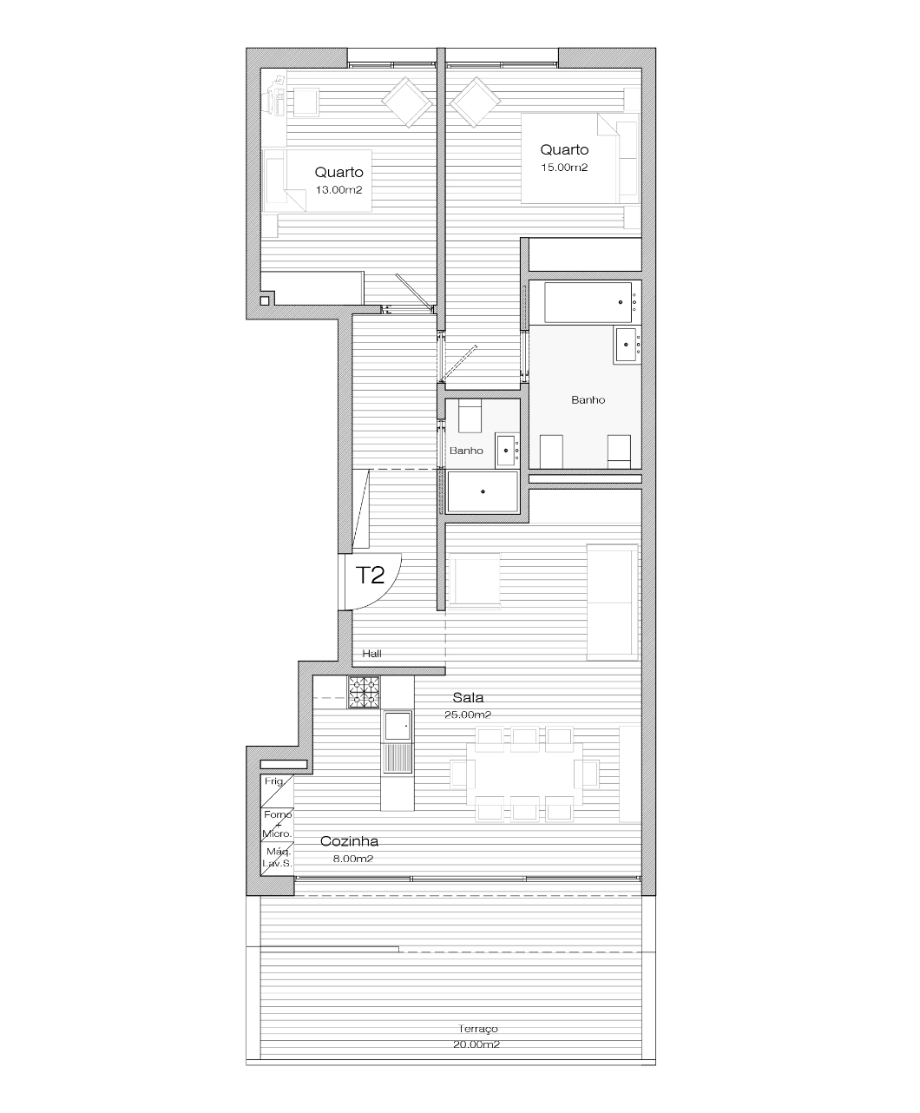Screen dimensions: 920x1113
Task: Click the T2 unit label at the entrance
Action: (x=370, y=575)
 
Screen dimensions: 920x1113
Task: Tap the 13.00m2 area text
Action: (x=339, y=190)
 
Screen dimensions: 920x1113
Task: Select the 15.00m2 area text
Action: (x=564, y=168)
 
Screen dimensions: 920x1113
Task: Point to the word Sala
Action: (x=468, y=697)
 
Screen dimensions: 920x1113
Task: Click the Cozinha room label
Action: (x=349, y=841)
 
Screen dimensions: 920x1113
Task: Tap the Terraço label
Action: (x=478, y=1028)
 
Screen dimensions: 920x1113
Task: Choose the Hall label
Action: (x=372, y=654)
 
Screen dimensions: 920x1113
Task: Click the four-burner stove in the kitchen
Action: (x=364, y=693)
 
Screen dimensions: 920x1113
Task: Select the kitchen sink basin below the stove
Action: (x=398, y=726)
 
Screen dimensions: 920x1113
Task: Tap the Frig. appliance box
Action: (x=277, y=791)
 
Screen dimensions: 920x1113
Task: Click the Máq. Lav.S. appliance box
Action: (x=277, y=859)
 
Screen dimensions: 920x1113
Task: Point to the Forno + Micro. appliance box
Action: (x=277, y=825)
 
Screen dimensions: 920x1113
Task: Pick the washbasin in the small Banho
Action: (x=507, y=451)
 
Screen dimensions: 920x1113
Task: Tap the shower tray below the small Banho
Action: (x=483, y=491)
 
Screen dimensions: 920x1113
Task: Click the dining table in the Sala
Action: (x=524, y=774)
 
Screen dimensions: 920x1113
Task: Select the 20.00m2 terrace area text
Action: (x=476, y=1044)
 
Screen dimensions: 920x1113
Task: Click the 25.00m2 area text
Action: (x=468, y=715)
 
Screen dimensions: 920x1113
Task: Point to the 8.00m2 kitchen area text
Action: (x=353, y=859)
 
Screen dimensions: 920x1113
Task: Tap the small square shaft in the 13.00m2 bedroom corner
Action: (x=265, y=300)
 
